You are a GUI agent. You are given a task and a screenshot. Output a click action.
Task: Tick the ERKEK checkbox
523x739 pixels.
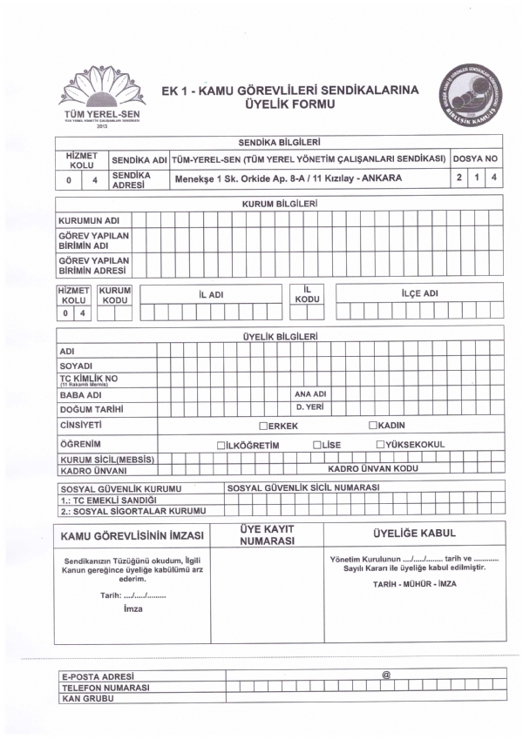coord(263,427)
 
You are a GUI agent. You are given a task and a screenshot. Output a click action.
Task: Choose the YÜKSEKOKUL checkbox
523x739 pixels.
coord(381,445)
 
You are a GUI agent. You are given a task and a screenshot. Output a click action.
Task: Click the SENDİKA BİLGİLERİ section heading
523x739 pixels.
coord(279,141)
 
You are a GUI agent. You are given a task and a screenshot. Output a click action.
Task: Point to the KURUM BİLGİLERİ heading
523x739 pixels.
coord(279,203)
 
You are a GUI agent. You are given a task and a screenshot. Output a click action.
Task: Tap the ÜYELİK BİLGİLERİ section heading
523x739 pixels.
coord(279,336)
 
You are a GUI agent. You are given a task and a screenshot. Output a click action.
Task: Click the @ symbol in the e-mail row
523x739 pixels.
coord(385,675)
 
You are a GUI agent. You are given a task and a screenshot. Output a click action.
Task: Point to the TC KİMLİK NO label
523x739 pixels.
coord(86,380)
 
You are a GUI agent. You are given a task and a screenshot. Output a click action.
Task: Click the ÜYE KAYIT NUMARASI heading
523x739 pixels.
coord(266,534)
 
